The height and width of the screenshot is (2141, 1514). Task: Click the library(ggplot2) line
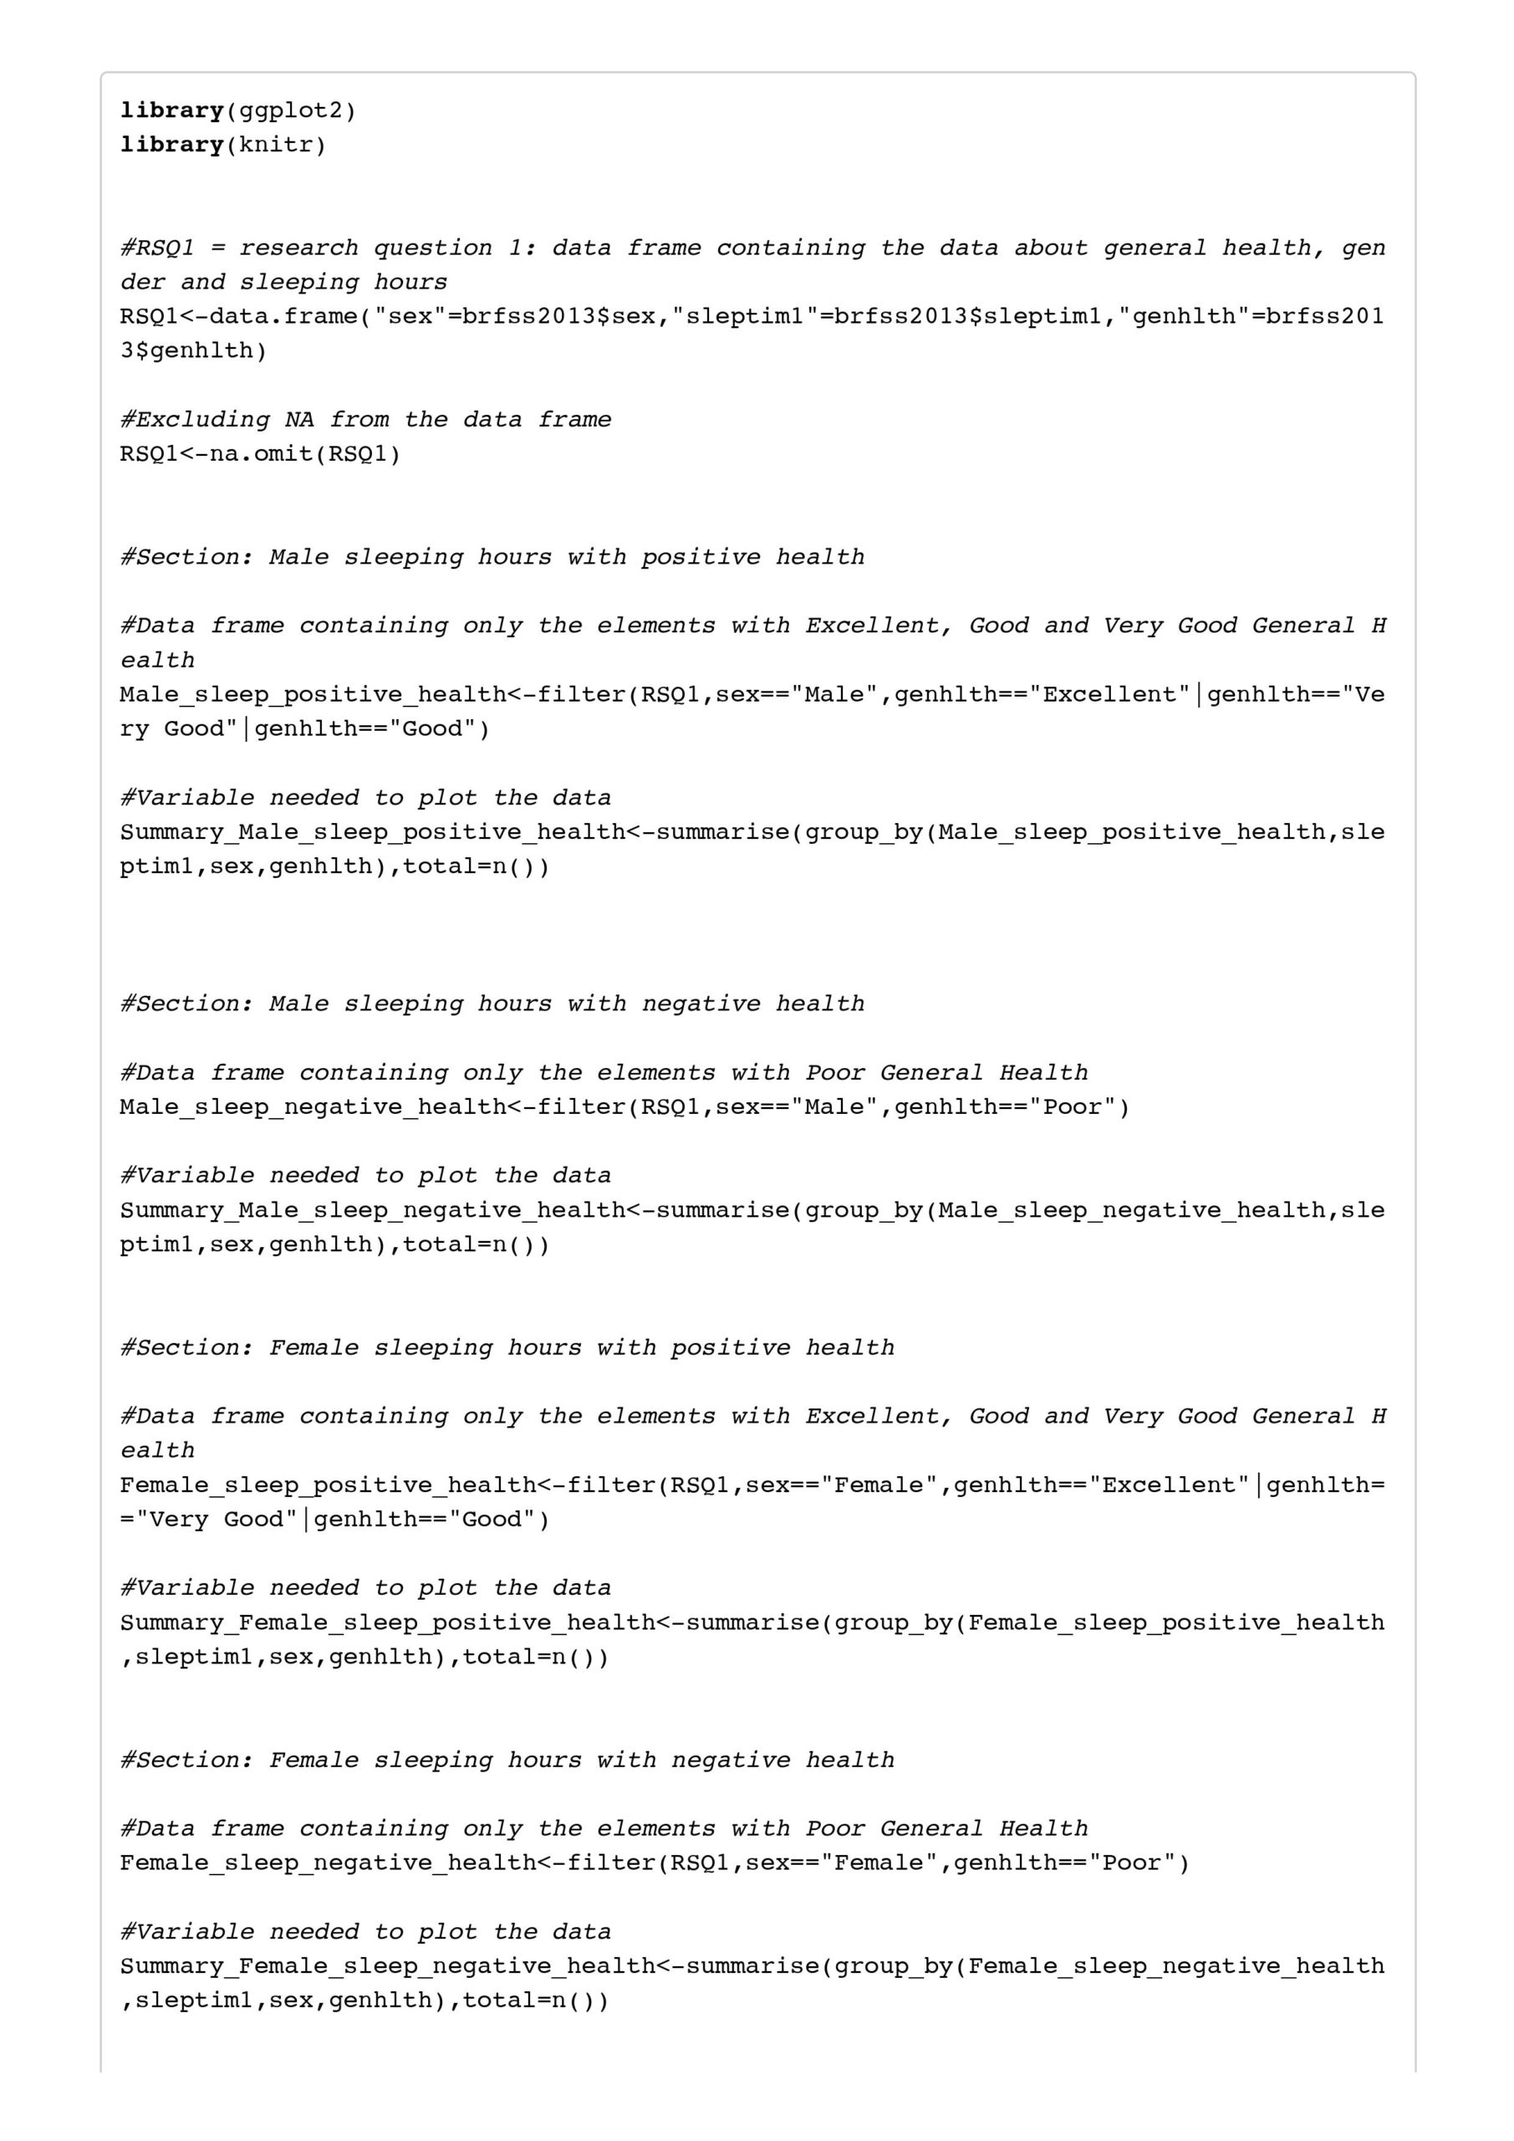(x=237, y=111)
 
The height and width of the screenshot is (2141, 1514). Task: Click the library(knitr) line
(x=223, y=146)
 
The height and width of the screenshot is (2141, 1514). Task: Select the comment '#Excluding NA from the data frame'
(x=365, y=420)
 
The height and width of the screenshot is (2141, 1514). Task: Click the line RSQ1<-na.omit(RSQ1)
(x=260, y=454)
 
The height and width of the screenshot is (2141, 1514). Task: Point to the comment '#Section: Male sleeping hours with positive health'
(x=492, y=558)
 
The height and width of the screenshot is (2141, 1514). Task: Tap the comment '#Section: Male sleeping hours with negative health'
(x=492, y=1004)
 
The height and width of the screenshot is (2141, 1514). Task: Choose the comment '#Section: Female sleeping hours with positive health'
(x=507, y=1347)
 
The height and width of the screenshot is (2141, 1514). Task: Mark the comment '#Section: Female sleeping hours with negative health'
(x=507, y=1760)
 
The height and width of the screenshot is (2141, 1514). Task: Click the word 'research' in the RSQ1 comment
(x=298, y=248)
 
